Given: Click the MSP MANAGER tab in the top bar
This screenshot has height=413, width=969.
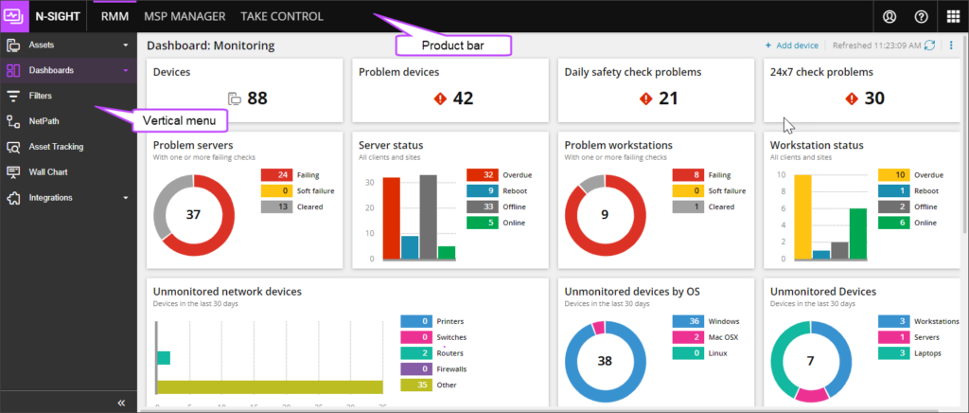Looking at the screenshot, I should coord(185,16).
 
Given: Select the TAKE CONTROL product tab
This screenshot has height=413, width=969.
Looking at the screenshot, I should coord(282,16).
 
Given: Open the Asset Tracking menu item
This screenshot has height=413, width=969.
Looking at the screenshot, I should coord(56,147).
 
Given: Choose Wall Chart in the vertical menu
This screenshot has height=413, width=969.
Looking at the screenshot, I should coord(47,172).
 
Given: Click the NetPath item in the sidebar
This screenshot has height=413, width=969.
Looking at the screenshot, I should coord(43,121).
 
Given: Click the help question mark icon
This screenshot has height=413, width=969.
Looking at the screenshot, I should coord(920,16).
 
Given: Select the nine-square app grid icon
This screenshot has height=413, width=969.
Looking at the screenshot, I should coord(952,16).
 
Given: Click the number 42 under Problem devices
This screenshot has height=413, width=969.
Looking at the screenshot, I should coord(464,99).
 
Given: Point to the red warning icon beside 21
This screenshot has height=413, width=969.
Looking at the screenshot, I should coord(645,99).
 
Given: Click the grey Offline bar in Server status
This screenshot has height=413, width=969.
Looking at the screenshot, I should coord(429,217).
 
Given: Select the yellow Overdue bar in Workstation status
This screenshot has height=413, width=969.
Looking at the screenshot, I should coord(802,217).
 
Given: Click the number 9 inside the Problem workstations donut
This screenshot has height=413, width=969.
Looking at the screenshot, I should coord(605,215).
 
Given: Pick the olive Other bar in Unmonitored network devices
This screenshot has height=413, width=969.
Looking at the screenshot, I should coord(270,386).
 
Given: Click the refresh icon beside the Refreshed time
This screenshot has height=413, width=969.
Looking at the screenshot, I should coord(929,45).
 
